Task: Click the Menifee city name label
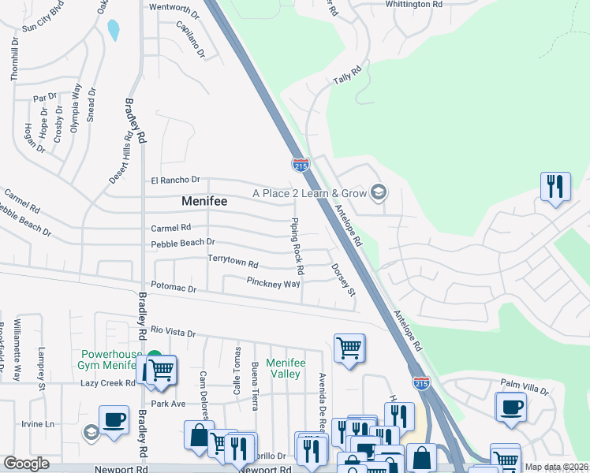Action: point(204,201)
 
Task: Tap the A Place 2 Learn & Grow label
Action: point(309,193)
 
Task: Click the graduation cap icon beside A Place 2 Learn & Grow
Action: point(379,192)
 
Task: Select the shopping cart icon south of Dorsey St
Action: point(349,348)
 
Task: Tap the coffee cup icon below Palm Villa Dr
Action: point(511,407)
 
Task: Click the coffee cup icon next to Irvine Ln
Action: point(114,419)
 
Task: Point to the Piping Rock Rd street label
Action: point(297,240)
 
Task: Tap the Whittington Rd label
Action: point(413,5)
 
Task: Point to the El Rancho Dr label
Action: point(176,180)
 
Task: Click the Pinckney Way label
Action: point(273,283)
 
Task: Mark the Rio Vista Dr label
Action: point(173,332)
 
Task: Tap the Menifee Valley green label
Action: point(285,368)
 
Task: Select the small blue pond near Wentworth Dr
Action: point(114,30)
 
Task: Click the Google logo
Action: point(26,464)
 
